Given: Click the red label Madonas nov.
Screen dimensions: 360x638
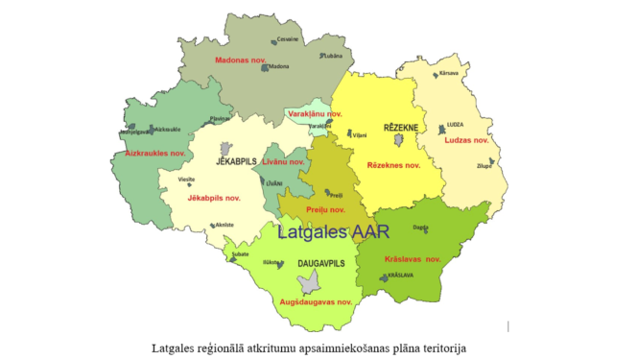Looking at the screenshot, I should coord(240,60).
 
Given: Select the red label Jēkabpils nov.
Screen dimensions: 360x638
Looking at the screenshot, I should coord(213,198).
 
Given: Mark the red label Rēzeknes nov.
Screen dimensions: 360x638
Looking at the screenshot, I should coord(393,165).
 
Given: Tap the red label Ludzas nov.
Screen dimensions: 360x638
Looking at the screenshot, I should coord(466,140).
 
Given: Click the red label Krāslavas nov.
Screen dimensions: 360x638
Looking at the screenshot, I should coord(413,259).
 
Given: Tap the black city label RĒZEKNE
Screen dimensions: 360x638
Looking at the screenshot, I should coord(401,126).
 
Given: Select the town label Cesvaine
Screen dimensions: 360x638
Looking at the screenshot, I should coord(287,39).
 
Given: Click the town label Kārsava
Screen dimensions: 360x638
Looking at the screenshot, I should coord(449,72).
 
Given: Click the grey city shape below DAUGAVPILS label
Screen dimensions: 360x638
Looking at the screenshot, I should coord(309,281).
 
